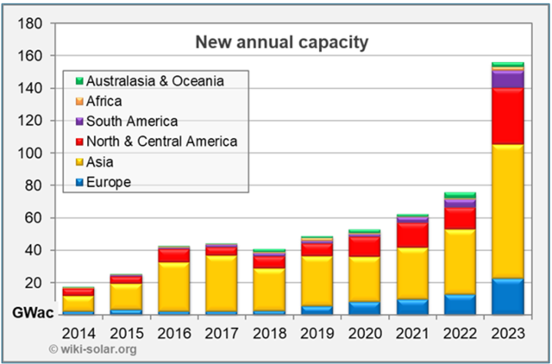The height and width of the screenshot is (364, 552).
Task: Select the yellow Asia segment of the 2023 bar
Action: (x=507, y=211)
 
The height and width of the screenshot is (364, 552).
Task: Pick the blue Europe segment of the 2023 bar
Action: (x=507, y=296)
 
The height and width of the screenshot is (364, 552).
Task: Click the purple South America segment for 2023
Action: (x=507, y=79)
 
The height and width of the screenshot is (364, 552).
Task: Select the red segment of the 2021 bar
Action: (x=411, y=235)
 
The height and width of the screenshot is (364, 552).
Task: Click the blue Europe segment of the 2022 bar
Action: (x=460, y=304)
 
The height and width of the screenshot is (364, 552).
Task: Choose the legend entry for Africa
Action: (x=104, y=101)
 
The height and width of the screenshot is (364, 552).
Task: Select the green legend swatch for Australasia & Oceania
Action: (x=79, y=81)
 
